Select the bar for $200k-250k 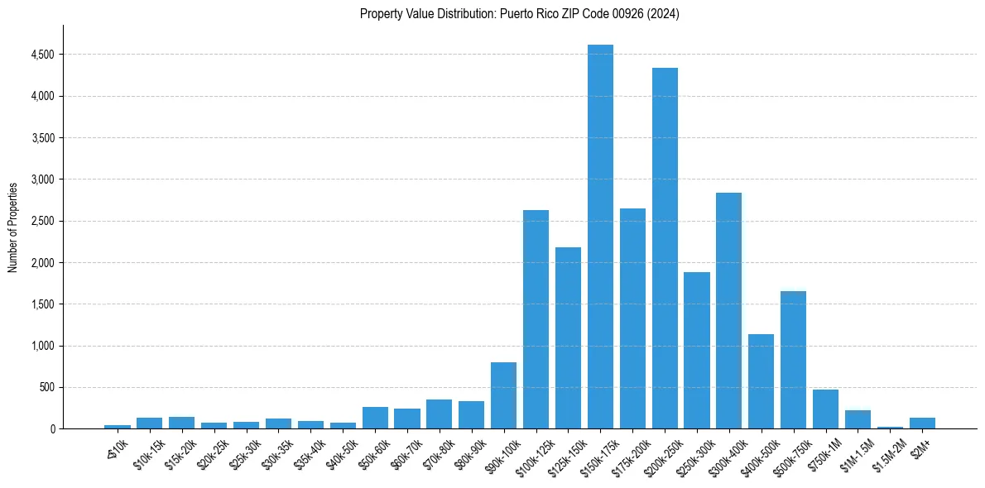[x=665, y=248]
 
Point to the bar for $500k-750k [x=793, y=360]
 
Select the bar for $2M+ [x=922, y=423]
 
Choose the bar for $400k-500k [x=761, y=381]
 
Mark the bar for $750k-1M [x=825, y=409]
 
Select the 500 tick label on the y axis [x=46, y=387]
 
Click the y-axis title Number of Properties [x=12, y=227]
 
